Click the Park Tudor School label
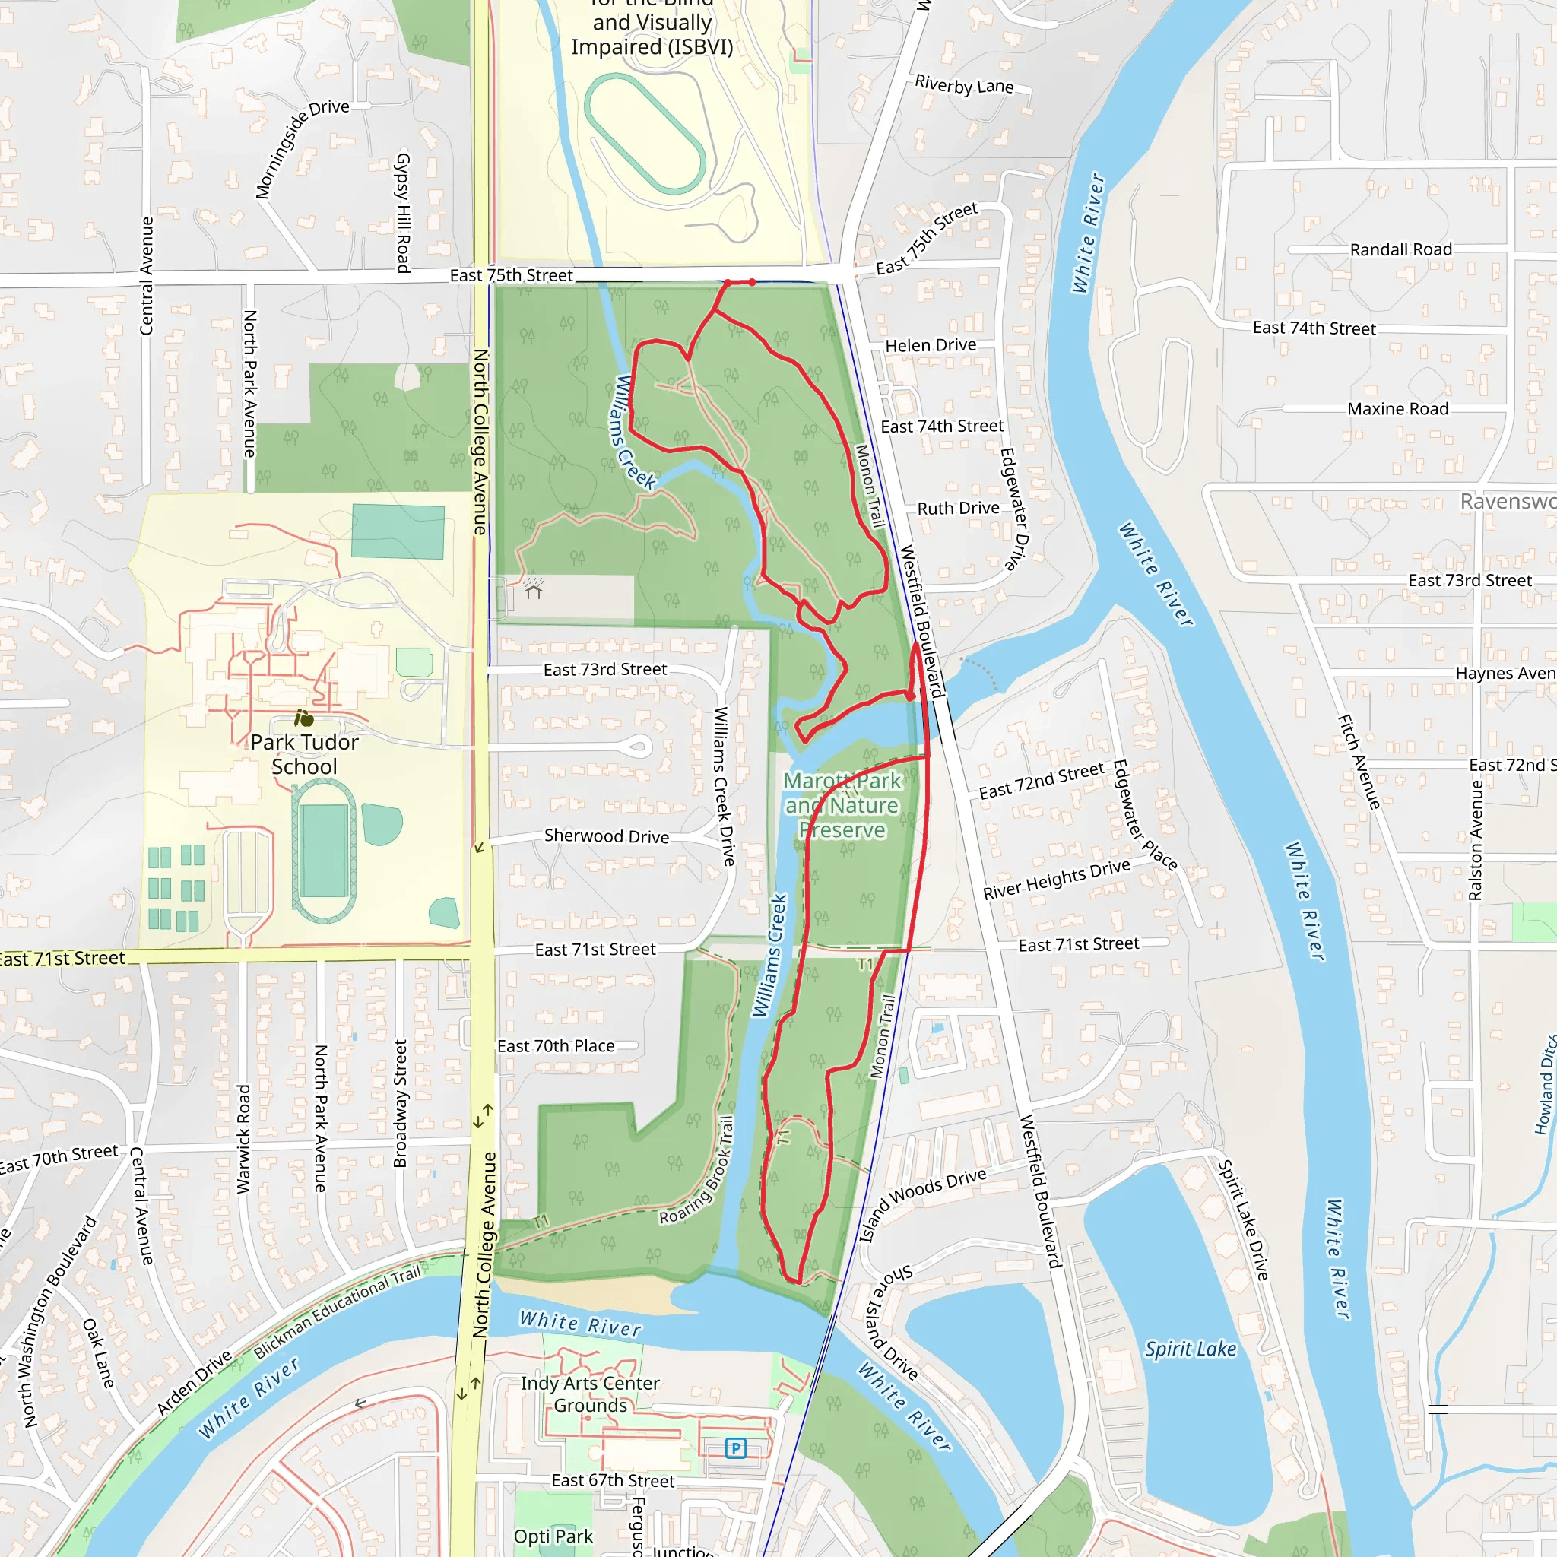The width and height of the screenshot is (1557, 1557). pyautogui.click(x=304, y=754)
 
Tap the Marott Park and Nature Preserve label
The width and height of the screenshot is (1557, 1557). pyautogui.click(x=842, y=805)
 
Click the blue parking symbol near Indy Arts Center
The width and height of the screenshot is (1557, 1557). pyautogui.click(x=735, y=1448)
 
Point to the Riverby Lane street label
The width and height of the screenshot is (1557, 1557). pyautogui.click(x=964, y=84)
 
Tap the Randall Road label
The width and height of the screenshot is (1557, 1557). pyautogui.click(x=1400, y=250)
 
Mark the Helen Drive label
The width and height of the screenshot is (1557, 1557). pyautogui.click(x=931, y=345)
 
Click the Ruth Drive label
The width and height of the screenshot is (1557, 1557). pyautogui.click(x=958, y=509)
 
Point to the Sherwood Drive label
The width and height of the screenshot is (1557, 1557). pyautogui.click(x=606, y=836)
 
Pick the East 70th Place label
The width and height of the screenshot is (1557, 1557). pyautogui.click(x=556, y=1046)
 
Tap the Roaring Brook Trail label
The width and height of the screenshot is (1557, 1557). pyautogui.click(x=698, y=1171)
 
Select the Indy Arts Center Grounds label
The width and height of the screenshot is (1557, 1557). pyautogui.click(x=590, y=1394)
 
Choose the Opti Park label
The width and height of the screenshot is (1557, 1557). pyautogui.click(x=553, y=1536)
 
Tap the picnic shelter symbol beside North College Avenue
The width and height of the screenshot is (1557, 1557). pyautogui.click(x=534, y=591)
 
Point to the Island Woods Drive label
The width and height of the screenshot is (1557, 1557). pyautogui.click(x=923, y=1203)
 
